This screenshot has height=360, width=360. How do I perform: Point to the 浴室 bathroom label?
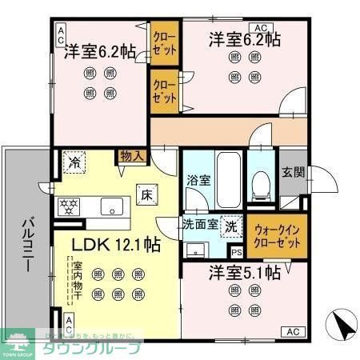(198, 181)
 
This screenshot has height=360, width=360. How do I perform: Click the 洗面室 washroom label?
(198, 226)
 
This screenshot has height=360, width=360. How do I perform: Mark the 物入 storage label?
(131, 157)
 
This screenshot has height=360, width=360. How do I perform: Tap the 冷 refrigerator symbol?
(73, 162)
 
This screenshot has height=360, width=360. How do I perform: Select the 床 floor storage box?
(148, 194)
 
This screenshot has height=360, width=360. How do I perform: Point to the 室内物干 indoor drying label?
(78, 276)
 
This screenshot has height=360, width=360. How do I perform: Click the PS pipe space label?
(236, 253)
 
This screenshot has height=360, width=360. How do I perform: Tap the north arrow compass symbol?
(341, 326)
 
